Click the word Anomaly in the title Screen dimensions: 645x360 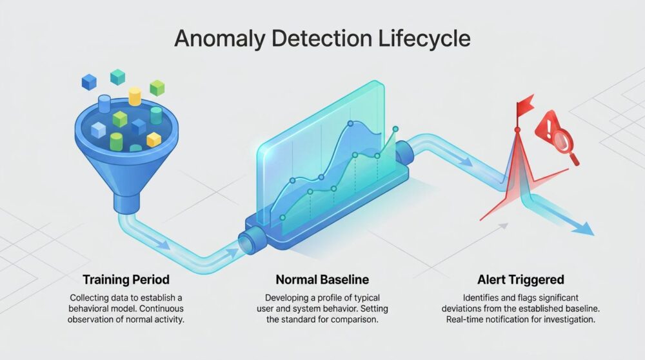coord(220,39)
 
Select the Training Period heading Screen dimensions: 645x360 coord(126,280)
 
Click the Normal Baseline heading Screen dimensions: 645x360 coord(322,280)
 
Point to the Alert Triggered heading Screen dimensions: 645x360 coord(521,280)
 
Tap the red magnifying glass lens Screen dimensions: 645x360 coord(561,139)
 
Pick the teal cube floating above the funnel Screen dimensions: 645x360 coord(117,77)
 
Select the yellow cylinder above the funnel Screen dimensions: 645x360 coord(135,96)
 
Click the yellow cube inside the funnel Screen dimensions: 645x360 coord(154,140)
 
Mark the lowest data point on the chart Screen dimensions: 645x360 coord(283,217)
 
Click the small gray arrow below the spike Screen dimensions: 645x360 coord(502,226)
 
